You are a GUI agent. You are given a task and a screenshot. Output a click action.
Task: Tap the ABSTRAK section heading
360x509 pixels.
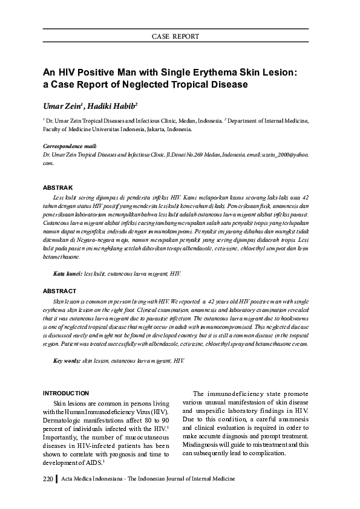(58, 188)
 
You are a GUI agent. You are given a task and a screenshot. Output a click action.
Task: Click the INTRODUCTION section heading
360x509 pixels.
(67, 393)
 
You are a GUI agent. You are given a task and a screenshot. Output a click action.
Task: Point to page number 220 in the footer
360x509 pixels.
(48, 479)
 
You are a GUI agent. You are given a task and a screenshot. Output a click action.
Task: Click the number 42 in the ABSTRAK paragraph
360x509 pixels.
(306, 197)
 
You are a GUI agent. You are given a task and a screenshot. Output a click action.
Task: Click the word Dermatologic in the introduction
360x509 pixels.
(64, 420)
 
